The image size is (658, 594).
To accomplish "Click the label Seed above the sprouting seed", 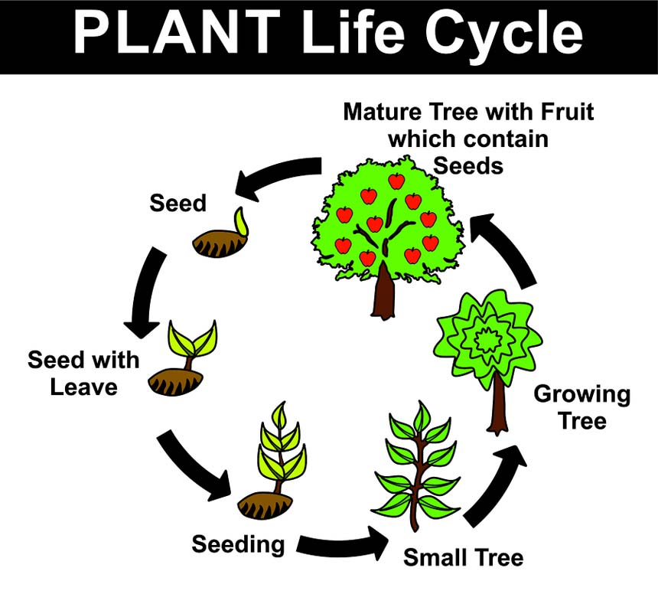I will [178, 203].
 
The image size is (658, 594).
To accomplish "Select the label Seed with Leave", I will [84, 373].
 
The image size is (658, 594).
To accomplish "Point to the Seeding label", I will [238, 545].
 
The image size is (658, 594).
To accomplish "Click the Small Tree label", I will [463, 556].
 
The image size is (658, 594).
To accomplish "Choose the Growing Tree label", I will [582, 407].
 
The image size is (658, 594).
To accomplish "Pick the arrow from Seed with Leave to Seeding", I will [194, 465].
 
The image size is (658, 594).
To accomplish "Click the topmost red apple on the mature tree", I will [396, 181].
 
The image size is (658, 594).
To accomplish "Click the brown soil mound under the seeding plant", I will [264, 505].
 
